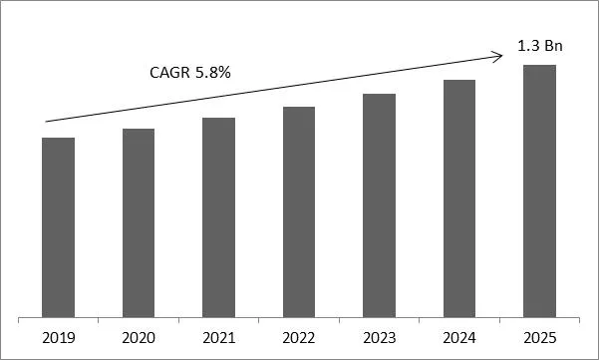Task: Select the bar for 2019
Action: coord(59,226)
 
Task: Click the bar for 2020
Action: coord(139,222)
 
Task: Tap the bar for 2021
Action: coord(218,216)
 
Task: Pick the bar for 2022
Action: coord(299,210)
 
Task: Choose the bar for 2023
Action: coord(379,204)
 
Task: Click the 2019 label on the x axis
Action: coord(59,336)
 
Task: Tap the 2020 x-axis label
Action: coord(139,336)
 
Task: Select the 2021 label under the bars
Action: coord(218,336)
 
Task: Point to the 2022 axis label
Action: coord(299,336)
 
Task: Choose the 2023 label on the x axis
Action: coord(379,336)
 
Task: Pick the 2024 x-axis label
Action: coord(459,336)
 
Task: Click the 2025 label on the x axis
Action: coord(539,336)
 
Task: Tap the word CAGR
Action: coord(162,74)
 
